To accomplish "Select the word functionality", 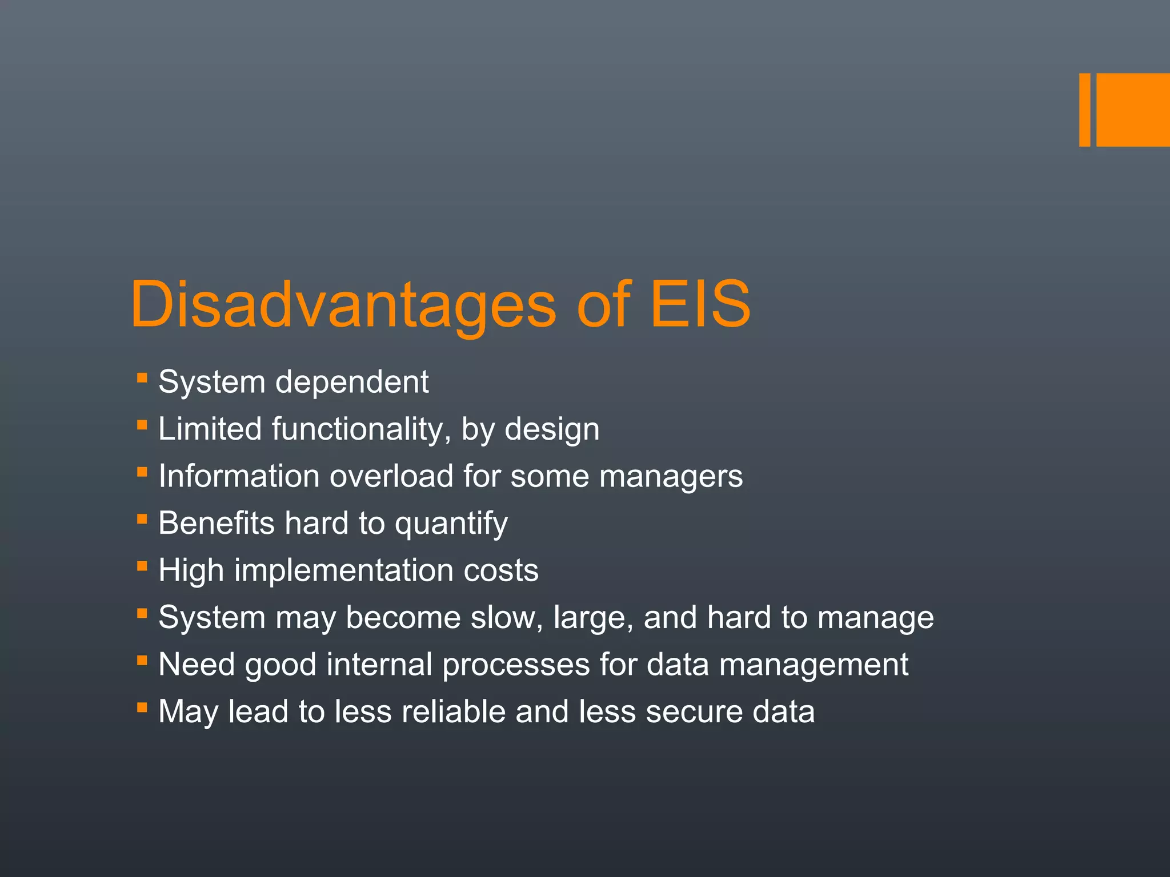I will (356, 429).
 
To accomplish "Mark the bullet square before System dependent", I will (142, 377).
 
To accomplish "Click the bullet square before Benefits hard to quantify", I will (142, 519).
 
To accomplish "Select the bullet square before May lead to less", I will (142, 707).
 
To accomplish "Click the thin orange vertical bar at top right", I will (1084, 110).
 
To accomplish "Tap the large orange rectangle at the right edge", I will (1133, 110).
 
